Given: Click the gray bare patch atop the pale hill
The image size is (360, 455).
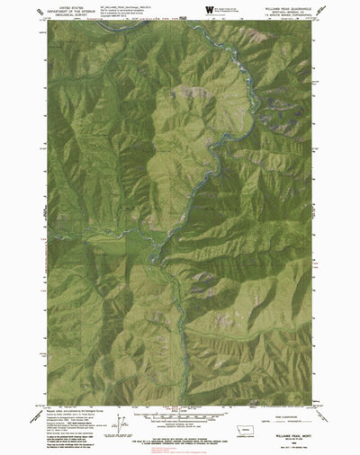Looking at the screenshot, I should click(x=189, y=90).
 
